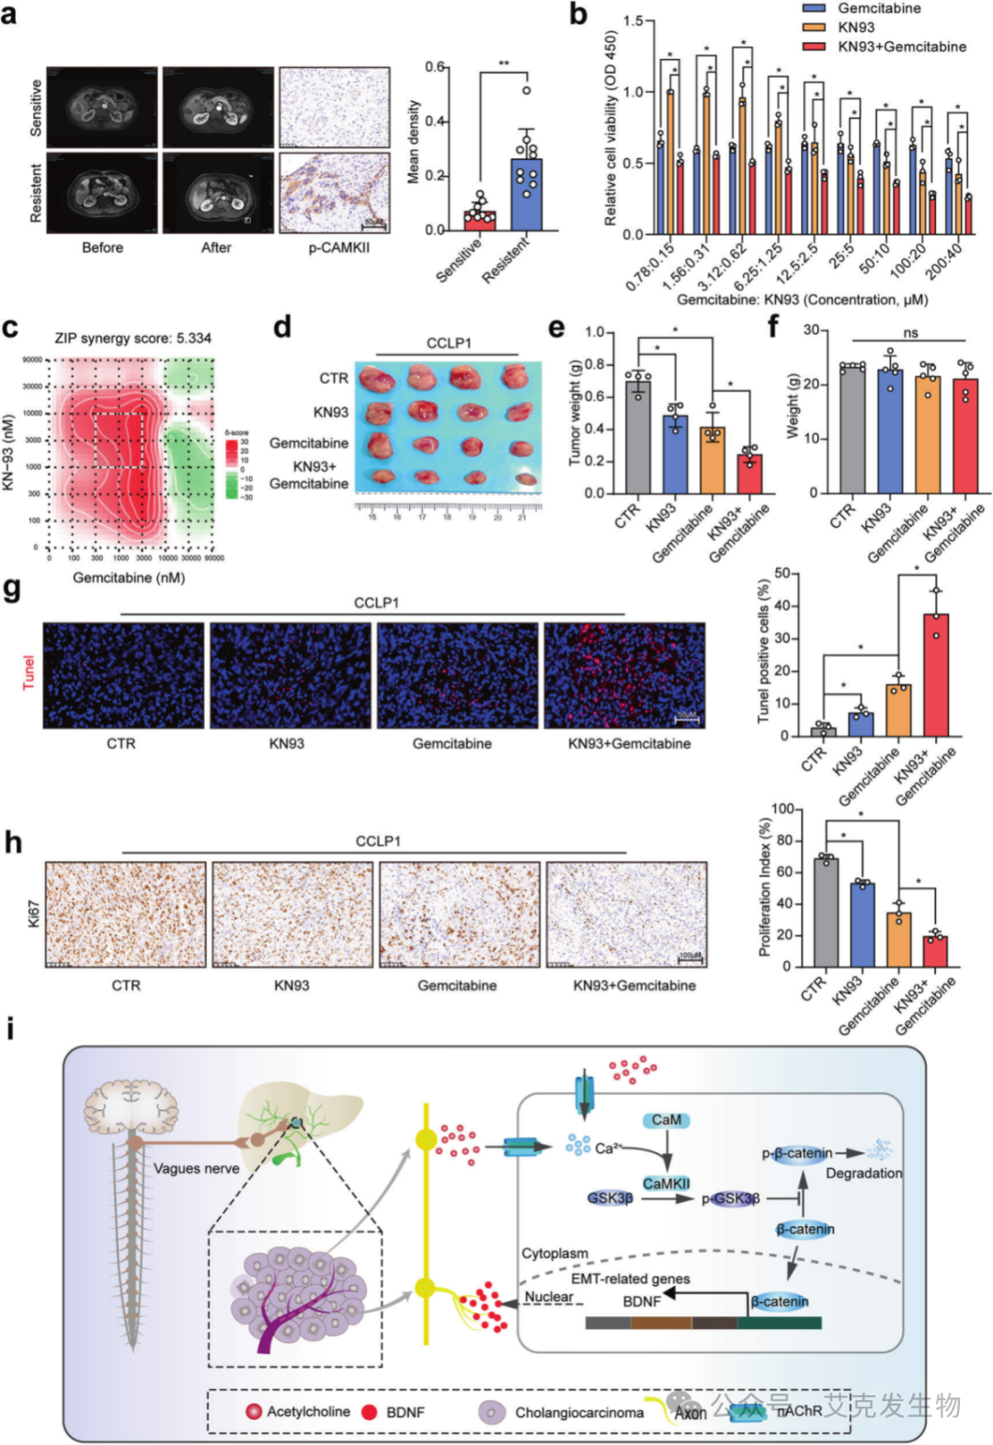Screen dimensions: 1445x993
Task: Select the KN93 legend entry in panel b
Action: [x=855, y=28]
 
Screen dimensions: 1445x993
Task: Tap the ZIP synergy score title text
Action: [x=132, y=338]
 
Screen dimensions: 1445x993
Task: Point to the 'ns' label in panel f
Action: [x=910, y=333]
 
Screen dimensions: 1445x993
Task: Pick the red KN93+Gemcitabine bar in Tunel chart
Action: [x=936, y=675]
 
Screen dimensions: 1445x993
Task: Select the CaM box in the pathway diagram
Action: [x=667, y=1120]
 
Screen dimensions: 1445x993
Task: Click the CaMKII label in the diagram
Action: [x=667, y=1184]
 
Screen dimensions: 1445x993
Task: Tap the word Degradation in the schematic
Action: [x=863, y=1174]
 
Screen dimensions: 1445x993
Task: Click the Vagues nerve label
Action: [x=196, y=1169]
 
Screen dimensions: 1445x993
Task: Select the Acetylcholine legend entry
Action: [x=307, y=1412]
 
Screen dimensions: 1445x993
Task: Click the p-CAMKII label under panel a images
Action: [x=338, y=247]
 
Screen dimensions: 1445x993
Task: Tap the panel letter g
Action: [x=12, y=590]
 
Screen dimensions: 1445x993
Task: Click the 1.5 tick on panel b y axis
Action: [x=633, y=21]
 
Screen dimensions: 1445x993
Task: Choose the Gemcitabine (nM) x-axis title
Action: [x=129, y=578]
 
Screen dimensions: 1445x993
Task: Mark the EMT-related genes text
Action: [x=630, y=1279]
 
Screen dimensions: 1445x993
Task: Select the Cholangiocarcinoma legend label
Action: [x=578, y=1413]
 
